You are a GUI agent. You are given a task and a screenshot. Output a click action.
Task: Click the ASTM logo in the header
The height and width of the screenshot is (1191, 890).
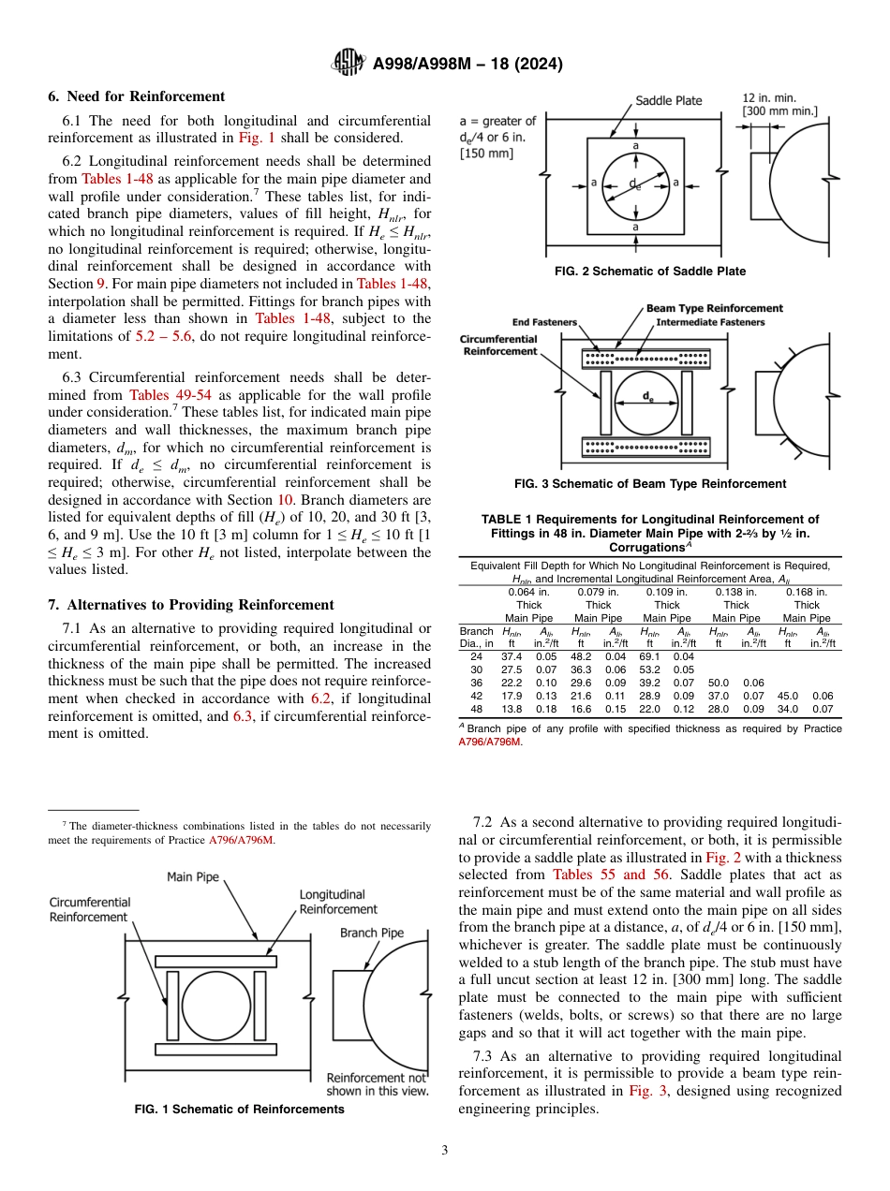(349, 64)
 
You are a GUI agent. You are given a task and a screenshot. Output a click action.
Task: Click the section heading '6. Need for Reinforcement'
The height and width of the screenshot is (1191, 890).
(136, 96)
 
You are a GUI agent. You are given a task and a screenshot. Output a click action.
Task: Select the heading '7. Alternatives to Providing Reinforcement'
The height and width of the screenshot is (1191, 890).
(190, 605)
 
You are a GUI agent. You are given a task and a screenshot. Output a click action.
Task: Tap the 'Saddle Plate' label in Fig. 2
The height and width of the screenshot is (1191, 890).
(668, 101)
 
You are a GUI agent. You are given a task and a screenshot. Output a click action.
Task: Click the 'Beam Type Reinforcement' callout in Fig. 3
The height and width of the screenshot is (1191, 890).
(714, 308)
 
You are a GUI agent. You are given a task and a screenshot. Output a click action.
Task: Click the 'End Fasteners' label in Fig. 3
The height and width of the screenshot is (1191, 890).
(545, 322)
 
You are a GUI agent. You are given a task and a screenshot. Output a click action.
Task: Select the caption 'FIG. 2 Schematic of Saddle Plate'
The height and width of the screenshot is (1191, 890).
(650, 272)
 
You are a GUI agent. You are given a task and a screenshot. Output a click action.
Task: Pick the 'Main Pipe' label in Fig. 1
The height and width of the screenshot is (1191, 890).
(193, 876)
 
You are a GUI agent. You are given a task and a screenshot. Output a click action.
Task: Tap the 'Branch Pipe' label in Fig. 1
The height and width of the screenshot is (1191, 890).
(372, 933)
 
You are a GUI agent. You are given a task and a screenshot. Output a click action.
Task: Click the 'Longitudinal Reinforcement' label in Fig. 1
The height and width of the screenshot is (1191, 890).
(337, 902)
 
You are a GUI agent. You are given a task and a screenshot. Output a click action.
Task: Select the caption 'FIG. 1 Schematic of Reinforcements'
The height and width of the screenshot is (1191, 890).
(239, 1110)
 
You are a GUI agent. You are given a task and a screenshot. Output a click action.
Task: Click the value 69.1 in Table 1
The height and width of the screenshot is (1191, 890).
(649, 657)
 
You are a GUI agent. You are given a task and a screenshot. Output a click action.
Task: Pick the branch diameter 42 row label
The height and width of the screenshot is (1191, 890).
(476, 696)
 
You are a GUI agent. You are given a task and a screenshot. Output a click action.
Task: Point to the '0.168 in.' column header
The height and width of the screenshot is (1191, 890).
(807, 592)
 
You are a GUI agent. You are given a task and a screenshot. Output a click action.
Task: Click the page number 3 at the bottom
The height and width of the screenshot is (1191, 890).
(444, 1150)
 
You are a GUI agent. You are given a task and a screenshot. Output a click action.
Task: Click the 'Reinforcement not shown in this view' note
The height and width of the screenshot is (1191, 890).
(376, 1084)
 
